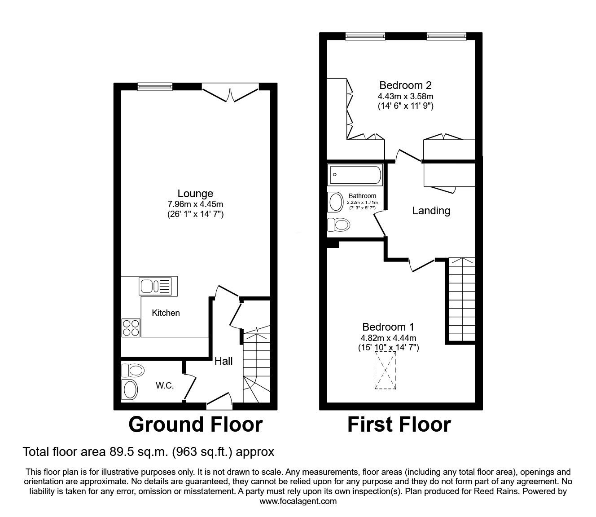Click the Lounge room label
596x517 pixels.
click(195, 194)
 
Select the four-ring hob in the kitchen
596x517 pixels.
click(131, 327)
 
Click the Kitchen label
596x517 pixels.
click(166, 313)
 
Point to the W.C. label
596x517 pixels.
click(165, 385)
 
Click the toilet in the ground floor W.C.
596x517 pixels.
click(133, 371)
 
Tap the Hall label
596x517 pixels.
click(223, 361)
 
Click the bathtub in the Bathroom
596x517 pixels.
click(355, 175)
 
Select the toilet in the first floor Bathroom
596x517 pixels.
click(338, 224)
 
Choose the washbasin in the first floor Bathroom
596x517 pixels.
click(336, 202)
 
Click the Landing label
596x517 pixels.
click(431, 211)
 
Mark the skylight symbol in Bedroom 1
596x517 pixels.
click(386, 371)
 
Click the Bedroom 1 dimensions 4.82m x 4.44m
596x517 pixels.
click(388, 338)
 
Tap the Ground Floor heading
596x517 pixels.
click(195, 424)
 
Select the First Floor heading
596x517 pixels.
click(399, 424)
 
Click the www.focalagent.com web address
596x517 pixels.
click(298, 501)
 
